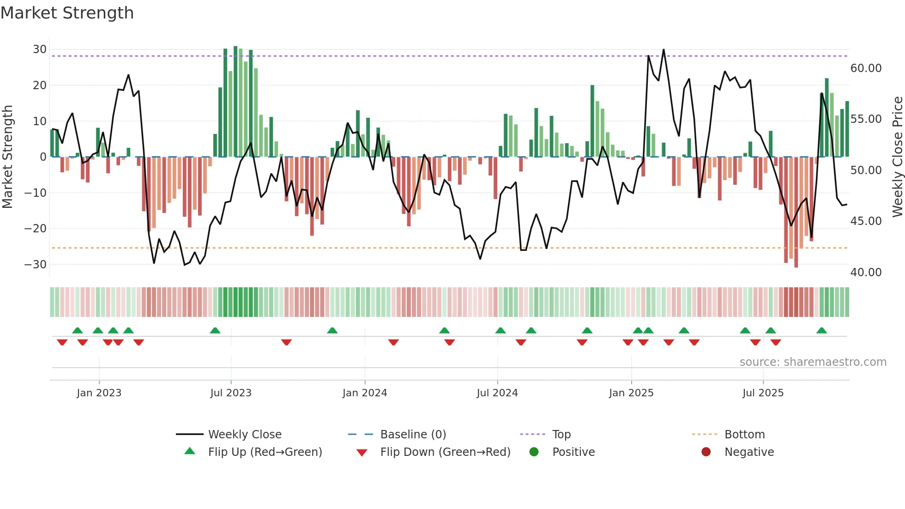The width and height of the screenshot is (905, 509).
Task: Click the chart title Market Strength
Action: click(x=67, y=13)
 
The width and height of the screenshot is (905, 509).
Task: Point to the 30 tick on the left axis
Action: click(x=40, y=49)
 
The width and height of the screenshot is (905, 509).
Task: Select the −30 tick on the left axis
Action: click(x=36, y=265)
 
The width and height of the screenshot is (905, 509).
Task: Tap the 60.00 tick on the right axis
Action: click(x=866, y=68)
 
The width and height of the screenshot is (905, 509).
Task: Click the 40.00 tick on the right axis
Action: click(x=866, y=273)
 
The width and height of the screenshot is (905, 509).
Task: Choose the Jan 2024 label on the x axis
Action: click(x=364, y=393)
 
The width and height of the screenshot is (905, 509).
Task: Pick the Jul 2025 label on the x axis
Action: click(x=763, y=393)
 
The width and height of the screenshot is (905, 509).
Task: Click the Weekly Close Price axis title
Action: click(x=897, y=157)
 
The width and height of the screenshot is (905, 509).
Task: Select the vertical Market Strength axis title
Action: click(x=7, y=157)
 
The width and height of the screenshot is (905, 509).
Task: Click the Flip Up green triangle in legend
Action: click(x=190, y=451)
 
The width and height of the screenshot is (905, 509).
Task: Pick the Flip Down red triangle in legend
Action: click(x=362, y=453)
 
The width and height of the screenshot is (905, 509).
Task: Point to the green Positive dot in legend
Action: click(x=534, y=452)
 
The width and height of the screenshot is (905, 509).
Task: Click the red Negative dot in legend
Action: click(x=706, y=452)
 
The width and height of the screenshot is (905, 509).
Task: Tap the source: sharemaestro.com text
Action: click(x=813, y=362)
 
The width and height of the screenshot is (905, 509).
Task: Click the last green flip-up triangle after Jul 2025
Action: click(x=821, y=331)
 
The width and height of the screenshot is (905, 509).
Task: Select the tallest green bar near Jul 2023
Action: click(x=235, y=102)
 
